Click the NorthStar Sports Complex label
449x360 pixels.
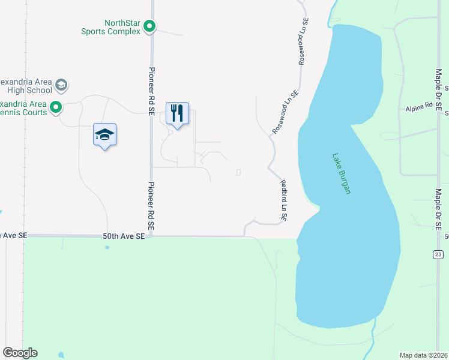coord(110,27)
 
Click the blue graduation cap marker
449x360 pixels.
coord(105,134)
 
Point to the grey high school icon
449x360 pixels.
coord(61,85)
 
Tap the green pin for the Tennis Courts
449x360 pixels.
coord(56,108)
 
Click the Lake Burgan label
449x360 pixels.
coord(340,173)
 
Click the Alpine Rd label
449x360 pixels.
coord(418,107)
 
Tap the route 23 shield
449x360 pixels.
coord(438,255)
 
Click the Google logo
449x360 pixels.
coord(20,353)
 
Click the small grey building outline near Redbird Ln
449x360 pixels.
coord(239,172)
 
